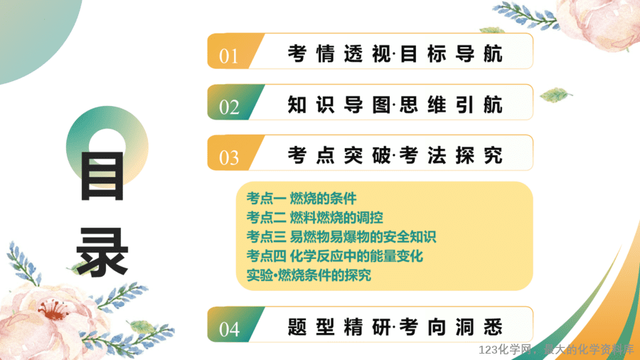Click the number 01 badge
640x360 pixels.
(x=233, y=51)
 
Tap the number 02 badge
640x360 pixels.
(x=233, y=102)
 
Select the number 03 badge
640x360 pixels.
(x=233, y=153)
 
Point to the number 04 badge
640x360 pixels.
(x=233, y=324)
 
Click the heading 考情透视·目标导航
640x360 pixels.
(x=395, y=54)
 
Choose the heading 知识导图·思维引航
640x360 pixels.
(x=395, y=105)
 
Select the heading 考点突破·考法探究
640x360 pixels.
(x=395, y=156)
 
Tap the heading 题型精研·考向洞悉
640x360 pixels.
(x=395, y=327)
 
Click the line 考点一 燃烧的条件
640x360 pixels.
(x=302, y=198)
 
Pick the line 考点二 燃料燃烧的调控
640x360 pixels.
(x=315, y=218)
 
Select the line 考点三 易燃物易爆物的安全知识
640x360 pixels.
(x=341, y=237)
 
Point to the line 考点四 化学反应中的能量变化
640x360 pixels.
(x=335, y=256)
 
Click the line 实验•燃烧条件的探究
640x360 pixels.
(x=309, y=275)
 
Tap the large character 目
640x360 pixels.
(x=102, y=176)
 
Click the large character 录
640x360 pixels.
(x=102, y=253)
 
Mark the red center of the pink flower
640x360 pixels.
(x=53, y=309)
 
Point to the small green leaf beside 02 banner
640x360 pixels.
(x=555, y=95)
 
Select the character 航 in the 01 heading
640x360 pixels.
(x=493, y=54)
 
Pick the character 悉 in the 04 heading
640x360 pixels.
(x=493, y=327)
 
